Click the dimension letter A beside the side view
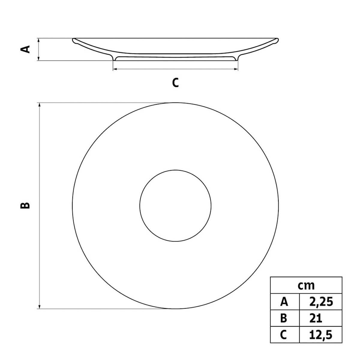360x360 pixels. [27, 49]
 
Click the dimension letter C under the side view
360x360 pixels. [175, 82]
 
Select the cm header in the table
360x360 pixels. [306, 285]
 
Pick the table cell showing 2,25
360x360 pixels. [321, 301]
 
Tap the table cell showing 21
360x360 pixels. [316, 318]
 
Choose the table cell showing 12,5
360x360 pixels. [321, 334]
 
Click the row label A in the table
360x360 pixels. [284, 301]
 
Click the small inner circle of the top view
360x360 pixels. [175, 205]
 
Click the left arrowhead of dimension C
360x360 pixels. [115, 69]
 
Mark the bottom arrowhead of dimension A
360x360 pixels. [39, 59]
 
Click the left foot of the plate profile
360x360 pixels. [114, 59]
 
